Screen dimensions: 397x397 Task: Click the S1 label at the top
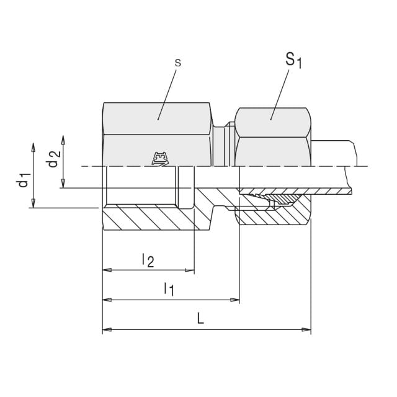[293, 61]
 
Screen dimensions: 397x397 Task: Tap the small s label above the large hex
[178, 63]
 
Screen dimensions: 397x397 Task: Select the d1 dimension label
[24, 180]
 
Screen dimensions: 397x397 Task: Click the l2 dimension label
[148, 260]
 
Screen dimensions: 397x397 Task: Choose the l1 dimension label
[169, 289]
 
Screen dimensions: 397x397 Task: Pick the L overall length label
[200, 318]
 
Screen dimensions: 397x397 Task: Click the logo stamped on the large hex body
[160, 159]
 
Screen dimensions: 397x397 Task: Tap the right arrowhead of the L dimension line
[306, 329]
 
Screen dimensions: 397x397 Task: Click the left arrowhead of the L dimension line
[107, 329]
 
